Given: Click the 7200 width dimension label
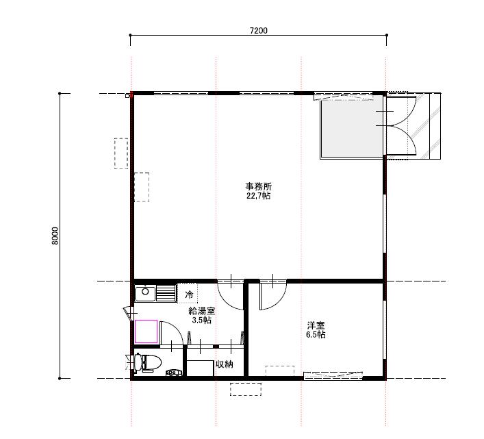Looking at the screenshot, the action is pyautogui.click(x=258, y=31).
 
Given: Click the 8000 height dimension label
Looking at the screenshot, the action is pyautogui.click(x=55, y=236).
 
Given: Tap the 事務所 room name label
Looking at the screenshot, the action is pyautogui.click(x=258, y=186).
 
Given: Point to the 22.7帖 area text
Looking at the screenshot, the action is pyautogui.click(x=258, y=196).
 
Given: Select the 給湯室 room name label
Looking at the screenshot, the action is pyautogui.click(x=202, y=310).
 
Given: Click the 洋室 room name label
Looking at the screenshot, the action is pyautogui.click(x=316, y=325).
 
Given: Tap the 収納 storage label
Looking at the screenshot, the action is pyautogui.click(x=224, y=364).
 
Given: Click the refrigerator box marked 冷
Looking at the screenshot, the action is pyautogui.click(x=188, y=293).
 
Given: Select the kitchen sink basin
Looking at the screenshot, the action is pyautogui.click(x=145, y=294).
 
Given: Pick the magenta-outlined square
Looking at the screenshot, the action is pyautogui.click(x=147, y=331).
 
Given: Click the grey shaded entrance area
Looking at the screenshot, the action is pyautogui.click(x=352, y=127).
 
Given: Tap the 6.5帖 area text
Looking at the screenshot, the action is pyautogui.click(x=316, y=334).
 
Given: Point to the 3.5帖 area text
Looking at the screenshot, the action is pyautogui.click(x=202, y=320).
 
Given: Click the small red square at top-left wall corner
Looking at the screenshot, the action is pyautogui.click(x=131, y=95).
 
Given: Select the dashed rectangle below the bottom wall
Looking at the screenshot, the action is pyautogui.click(x=246, y=389).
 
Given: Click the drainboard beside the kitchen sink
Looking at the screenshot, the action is pyautogui.click(x=166, y=293).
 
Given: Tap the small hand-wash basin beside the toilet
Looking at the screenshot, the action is pyautogui.click(x=173, y=373).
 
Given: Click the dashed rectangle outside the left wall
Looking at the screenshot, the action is pyautogui.click(x=121, y=153).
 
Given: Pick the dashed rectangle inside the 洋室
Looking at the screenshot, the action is pyautogui.click(x=280, y=371).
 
